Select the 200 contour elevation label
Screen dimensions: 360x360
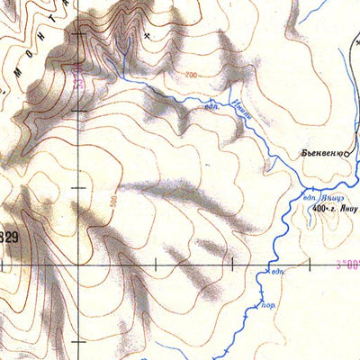(190, 75)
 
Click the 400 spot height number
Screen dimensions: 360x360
(319, 210)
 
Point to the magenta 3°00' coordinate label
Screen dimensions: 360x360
(346, 264)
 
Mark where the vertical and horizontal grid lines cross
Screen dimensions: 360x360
(78, 266)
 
